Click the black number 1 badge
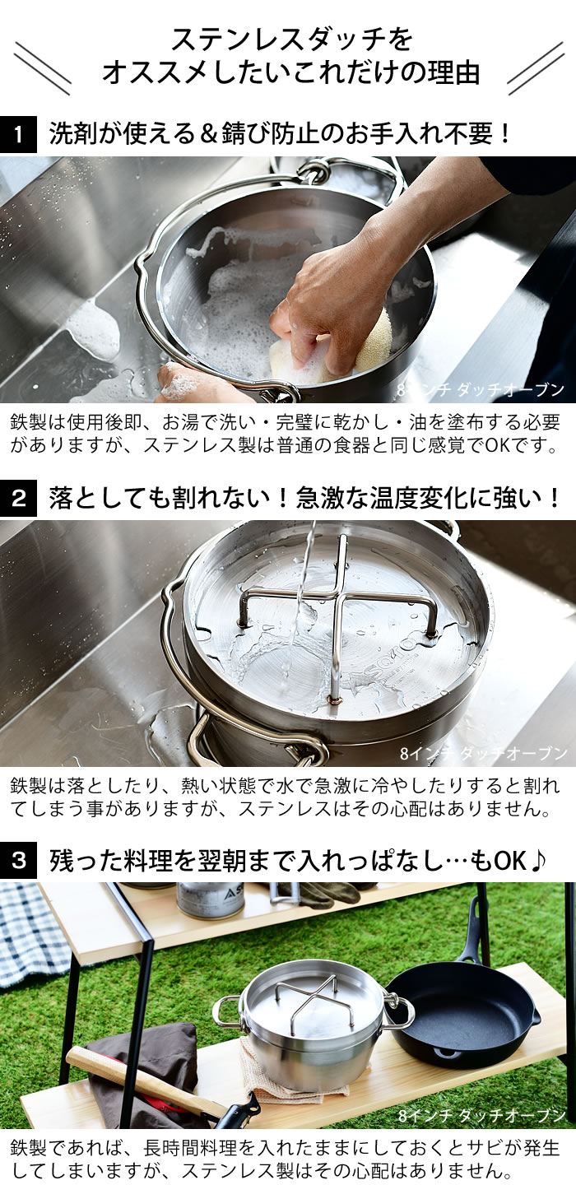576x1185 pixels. [18, 134]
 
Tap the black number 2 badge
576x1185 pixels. [18, 498]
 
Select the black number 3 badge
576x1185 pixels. [18, 860]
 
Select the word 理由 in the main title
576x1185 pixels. [454, 72]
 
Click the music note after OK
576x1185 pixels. [537, 861]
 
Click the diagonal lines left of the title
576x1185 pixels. [42, 67]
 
